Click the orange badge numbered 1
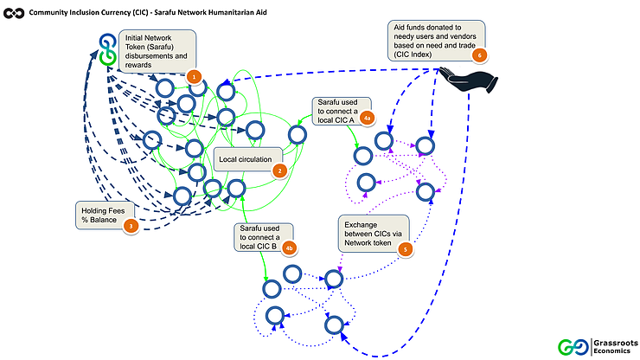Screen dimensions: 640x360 click(194, 76)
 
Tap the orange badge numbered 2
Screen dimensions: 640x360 click(279, 170)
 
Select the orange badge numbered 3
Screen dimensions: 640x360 click(131, 226)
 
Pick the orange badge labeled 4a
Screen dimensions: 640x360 click(367, 119)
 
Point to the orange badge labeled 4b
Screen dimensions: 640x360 click(289, 248)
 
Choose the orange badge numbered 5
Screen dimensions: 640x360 click(406, 249)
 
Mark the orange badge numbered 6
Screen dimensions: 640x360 click(480, 55)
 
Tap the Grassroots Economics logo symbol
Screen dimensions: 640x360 click(573, 347)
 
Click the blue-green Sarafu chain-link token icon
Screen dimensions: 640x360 click(107, 49)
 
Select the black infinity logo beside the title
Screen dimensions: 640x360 click(14, 13)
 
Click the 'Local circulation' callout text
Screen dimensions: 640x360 click(246, 159)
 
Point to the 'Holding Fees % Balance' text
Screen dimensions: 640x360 click(103, 215)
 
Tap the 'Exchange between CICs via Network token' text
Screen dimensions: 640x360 click(373, 234)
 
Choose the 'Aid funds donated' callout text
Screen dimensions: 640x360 click(435, 41)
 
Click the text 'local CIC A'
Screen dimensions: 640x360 click(336, 120)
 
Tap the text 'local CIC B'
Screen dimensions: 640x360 click(258, 247)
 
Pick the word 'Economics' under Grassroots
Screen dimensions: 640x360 click(611, 351)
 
